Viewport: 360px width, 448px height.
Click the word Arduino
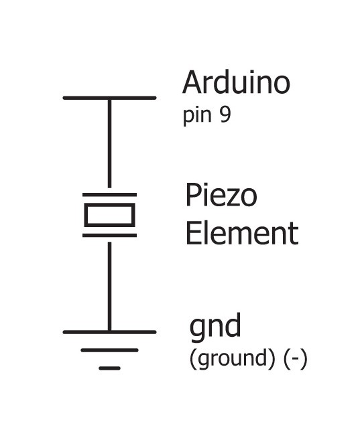(x=236, y=82)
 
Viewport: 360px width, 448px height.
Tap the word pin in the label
(x=197, y=116)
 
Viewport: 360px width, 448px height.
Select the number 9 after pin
(x=225, y=115)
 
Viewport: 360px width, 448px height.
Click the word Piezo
(x=221, y=195)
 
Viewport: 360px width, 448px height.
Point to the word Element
(x=242, y=234)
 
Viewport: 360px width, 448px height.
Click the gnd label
(x=215, y=327)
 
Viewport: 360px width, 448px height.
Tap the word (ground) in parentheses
(x=232, y=359)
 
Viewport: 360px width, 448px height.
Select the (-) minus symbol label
(x=296, y=359)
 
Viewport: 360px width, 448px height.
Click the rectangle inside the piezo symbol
(x=109, y=215)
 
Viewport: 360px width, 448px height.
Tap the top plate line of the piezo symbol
(x=109, y=195)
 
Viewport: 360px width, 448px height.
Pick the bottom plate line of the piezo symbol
(x=109, y=236)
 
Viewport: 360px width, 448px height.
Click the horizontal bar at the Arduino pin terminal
(x=109, y=98)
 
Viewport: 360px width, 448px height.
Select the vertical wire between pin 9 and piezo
(x=109, y=143)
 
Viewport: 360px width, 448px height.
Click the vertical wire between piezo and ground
(x=109, y=287)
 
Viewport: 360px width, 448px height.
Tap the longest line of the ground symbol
(x=109, y=332)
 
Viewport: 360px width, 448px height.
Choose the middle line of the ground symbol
(x=109, y=350)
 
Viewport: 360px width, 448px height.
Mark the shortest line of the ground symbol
(x=109, y=368)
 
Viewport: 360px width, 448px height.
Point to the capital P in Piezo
(x=192, y=195)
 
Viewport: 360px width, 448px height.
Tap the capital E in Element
(x=192, y=234)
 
